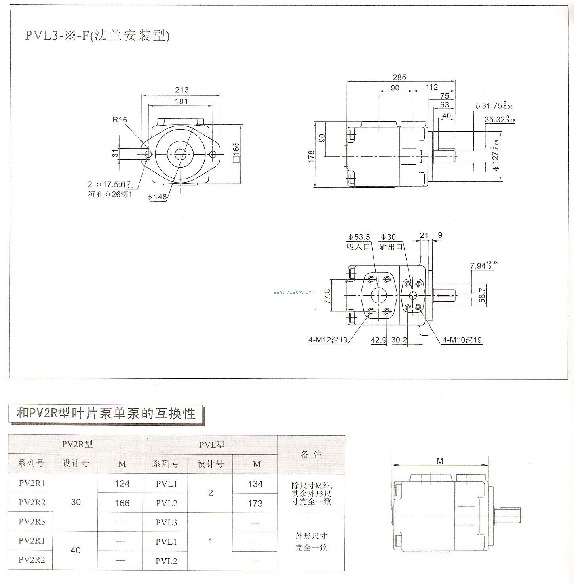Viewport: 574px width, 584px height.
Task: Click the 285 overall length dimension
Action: (399, 77)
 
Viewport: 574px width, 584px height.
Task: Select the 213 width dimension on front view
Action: (181, 90)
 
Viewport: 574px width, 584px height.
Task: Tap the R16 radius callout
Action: (120, 120)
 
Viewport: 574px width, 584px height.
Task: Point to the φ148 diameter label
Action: (157, 197)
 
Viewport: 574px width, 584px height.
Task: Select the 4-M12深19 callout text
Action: (328, 340)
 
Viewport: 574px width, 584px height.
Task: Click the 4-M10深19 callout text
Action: (462, 340)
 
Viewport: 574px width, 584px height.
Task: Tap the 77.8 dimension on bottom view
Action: (327, 296)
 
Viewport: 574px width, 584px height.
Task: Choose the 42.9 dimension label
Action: (378, 340)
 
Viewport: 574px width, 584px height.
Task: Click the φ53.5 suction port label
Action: (359, 237)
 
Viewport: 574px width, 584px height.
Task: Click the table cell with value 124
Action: (122, 483)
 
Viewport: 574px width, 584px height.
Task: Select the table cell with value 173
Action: (255, 503)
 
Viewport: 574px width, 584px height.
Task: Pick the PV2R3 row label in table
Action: (32, 521)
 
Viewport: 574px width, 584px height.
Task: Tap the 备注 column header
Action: (311, 454)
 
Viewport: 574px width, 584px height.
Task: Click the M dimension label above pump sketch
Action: (440, 461)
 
